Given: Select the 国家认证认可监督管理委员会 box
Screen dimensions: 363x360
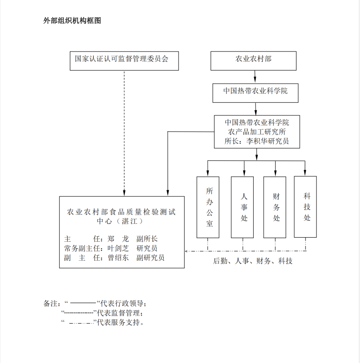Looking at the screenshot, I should (125, 61).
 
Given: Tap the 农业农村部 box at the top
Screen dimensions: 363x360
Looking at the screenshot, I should (253, 61).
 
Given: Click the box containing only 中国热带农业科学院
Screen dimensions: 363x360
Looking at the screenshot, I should (255, 93).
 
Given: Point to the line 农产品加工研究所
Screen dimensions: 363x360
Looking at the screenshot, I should (256, 132).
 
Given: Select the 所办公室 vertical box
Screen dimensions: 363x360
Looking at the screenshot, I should (208, 207).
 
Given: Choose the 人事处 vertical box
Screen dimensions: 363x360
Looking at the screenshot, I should (242, 207).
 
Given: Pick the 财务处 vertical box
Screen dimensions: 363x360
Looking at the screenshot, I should (275, 207).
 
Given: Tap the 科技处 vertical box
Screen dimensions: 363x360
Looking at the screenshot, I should (305, 206).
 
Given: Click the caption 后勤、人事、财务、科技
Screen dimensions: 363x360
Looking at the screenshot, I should (252, 261).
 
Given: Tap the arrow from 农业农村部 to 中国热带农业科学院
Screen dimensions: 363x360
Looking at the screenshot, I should (255, 77).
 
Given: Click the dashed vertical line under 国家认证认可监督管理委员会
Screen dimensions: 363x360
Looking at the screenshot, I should (124, 133).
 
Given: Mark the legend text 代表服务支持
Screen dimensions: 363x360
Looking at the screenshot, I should (119, 322).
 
